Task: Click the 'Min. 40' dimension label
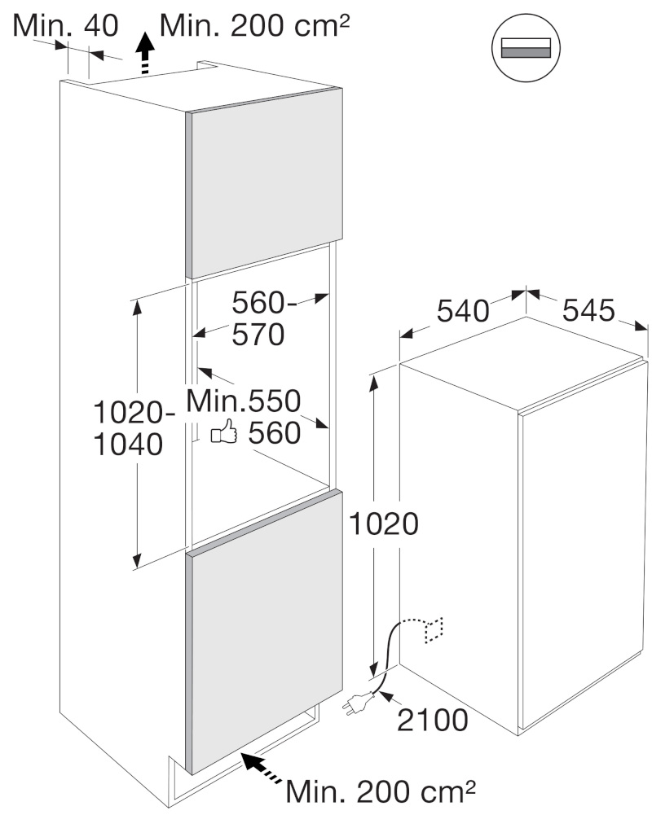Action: pyautogui.click(x=65, y=25)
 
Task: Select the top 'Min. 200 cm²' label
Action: pyautogui.click(x=255, y=25)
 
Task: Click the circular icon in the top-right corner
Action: pyautogui.click(x=526, y=47)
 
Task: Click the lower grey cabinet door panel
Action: pyautogui.click(x=264, y=632)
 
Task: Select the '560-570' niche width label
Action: pyautogui.click(x=262, y=318)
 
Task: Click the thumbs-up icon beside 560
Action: pyautogui.click(x=224, y=432)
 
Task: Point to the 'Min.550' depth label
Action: pyautogui.click(x=244, y=401)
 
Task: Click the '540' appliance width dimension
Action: pyautogui.click(x=463, y=312)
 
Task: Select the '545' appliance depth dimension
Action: pyautogui.click(x=588, y=310)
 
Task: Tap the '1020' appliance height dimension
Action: pyautogui.click(x=384, y=524)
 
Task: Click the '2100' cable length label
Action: pyautogui.click(x=433, y=720)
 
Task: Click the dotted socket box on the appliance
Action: pyautogui.click(x=434, y=630)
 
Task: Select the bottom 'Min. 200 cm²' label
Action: pyautogui.click(x=381, y=791)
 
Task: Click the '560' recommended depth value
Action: pyautogui.click(x=274, y=432)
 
